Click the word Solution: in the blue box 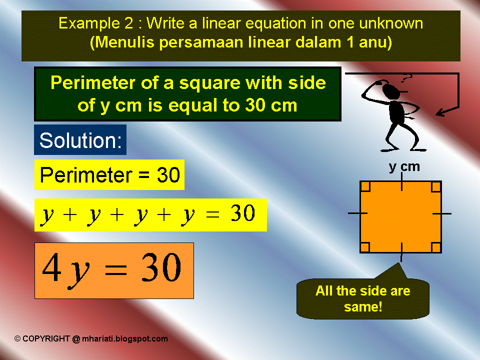click(x=80, y=140)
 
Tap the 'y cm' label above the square click(x=404, y=167)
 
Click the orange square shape click(x=400, y=216)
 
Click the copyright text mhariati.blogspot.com click(x=125, y=338)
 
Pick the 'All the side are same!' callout click(x=362, y=298)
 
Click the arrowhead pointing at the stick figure click(x=440, y=112)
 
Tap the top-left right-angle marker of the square click(x=365, y=187)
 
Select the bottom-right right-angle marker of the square click(x=435, y=247)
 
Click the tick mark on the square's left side click(x=357, y=213)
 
